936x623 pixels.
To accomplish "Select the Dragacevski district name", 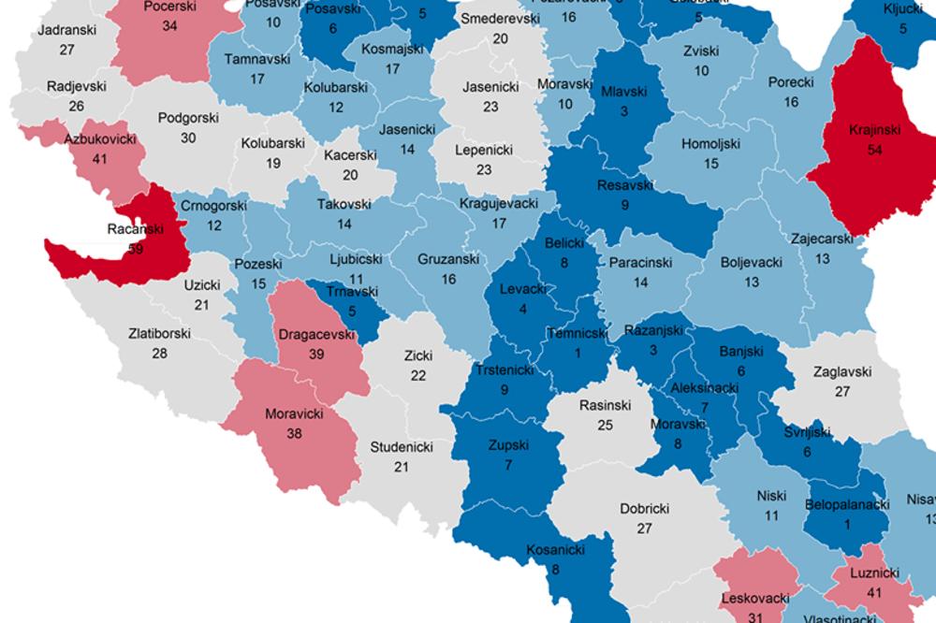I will click(315, 331).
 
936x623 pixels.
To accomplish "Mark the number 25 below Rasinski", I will click(606, 426).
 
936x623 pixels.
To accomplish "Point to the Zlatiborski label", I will click(160, 331).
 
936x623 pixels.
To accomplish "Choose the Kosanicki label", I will click(556, 549).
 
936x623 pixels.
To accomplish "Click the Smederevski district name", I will click(501, 19).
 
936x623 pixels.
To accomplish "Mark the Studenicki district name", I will click(402, 446).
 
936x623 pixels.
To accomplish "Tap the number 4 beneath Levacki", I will click(516, 310).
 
